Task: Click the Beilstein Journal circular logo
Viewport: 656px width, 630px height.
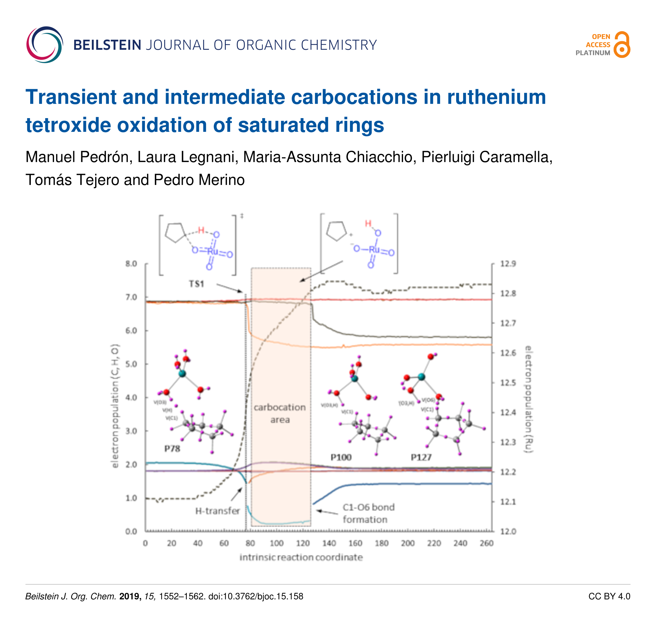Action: tap(45, 45)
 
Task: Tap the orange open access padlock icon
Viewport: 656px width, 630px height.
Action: tap(622, 45)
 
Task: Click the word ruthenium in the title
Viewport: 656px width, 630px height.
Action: tap(496, 97)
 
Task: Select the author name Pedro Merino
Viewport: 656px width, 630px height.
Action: tap(199, 180)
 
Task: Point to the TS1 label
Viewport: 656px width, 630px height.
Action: tap(196, 284)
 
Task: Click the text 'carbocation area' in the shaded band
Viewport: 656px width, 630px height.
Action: tap(280, 413)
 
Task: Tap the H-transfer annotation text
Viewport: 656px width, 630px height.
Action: tap(218, 511)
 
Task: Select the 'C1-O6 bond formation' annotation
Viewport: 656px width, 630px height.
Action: tap(368, 513)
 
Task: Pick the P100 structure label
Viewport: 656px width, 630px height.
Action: tap(341, 457)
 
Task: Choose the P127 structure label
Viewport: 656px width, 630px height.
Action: tap(421, 457)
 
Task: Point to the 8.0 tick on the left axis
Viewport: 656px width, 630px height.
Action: tap(131, 264)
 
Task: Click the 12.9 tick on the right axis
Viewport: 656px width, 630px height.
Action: tap(508, 264)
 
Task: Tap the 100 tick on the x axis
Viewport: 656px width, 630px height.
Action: tap(276, 543)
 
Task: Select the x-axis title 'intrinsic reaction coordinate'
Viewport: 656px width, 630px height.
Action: tap(301, 557)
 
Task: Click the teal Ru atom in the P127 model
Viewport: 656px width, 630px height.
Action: tap(421, 377)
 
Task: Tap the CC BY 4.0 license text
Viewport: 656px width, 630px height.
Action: tap(609, 596)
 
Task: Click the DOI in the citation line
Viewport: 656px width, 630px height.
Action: tap(256, 596)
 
